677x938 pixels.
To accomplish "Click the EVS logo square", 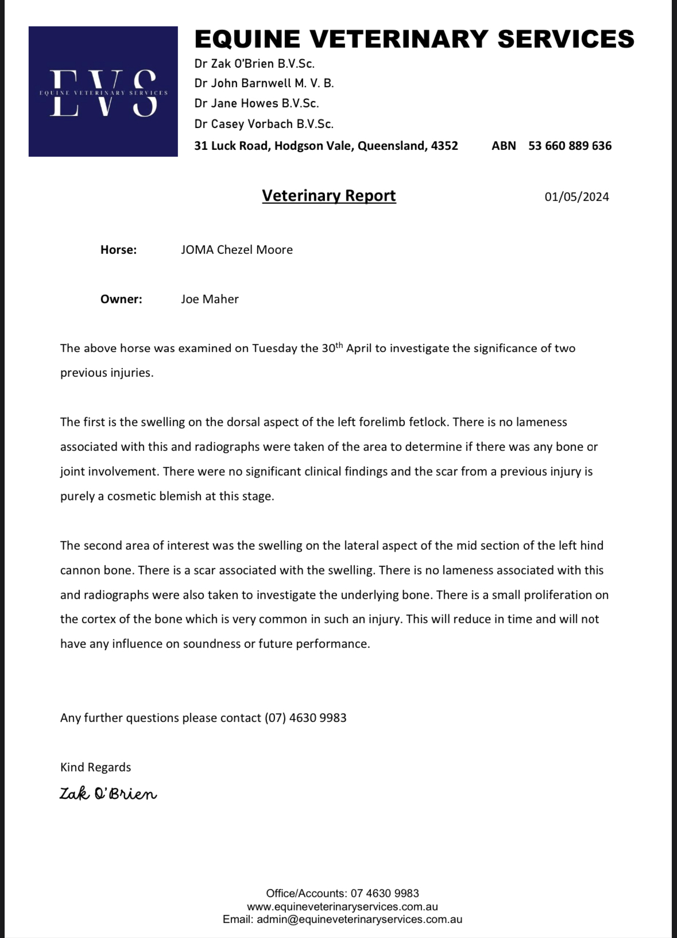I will pyautogui.click(x=103, y=91).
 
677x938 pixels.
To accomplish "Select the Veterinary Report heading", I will pyautogui.click(x=328, y=196).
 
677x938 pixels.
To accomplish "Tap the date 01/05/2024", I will pyautogui.click(x=577, y=197).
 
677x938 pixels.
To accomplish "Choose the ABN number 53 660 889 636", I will pyautogui.click(x=570, y=146).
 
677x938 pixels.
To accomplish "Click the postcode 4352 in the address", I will pyautogui.click(x=444, y=146).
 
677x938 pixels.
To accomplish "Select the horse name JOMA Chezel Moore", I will pyautogui.click(x=237, y=250).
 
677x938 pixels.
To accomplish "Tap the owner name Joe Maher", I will pyautogui.click(x=210, y=299).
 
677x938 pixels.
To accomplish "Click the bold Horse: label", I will pyautogui.click(x=118, y=250).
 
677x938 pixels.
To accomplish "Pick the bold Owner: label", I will pyautogui.click(x=121, y=299).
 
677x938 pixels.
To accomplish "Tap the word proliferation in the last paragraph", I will pyautogui.click(x=559, y=595).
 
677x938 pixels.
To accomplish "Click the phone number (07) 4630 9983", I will pyautogui.click(x=305, y=718).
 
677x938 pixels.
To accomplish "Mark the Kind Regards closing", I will pyautogui.click(x=95, y=767).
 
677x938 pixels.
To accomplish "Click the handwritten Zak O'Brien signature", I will pyautogui.click(x=108, y=794).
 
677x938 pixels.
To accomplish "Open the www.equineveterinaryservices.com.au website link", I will pyautogui.click(x=342, y=906).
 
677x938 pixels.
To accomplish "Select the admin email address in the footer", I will pyautogui.click(x=359, y=919).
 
